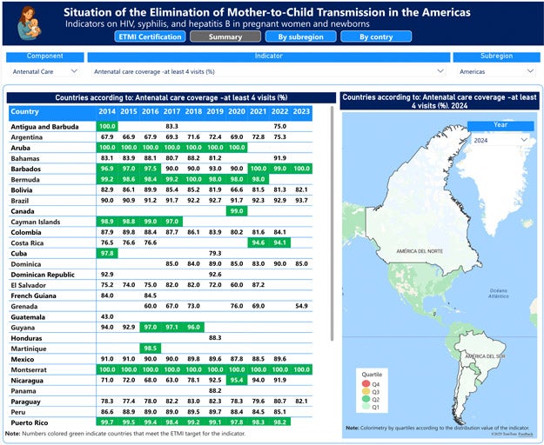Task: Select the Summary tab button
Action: pyautogui.click(x=225, y=37)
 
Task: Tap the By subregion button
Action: pyautogui.click(x=292, y=37)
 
